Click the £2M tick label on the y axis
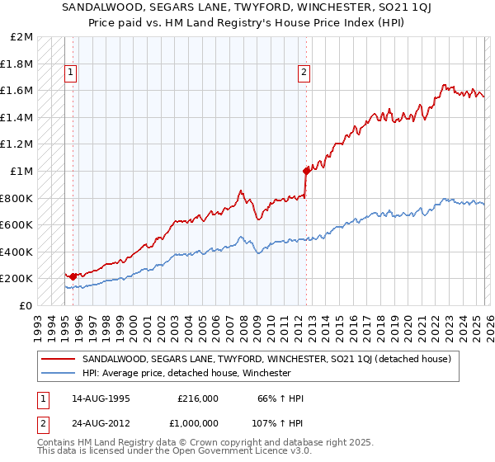pos(22,37)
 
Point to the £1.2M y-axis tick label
pos(17,144)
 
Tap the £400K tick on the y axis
pos(17,252)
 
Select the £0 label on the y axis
pos(26,305)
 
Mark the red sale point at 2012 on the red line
pos(306,172)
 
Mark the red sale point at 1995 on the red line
pos(73,276)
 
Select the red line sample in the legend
pos(59,360)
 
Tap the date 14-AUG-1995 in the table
pos(100,398)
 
